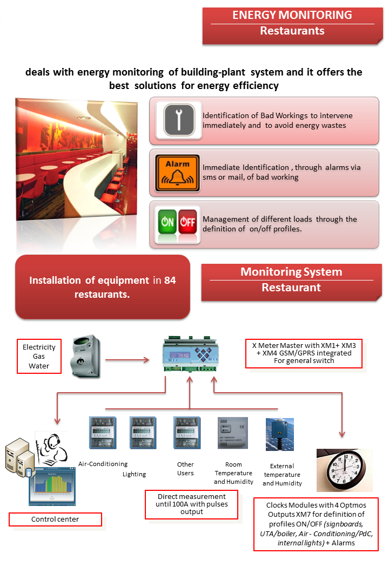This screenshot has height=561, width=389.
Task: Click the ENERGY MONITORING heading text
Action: coord(292,15)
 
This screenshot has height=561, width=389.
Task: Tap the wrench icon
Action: coord(178,120)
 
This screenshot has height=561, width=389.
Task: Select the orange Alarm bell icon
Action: coord(178,173)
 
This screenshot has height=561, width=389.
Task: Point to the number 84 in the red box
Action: coord(170,280)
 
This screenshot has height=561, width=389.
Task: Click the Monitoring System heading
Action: coord(291,272)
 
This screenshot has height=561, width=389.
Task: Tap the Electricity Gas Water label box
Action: coord(39,357)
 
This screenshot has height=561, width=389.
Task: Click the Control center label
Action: coord(55,519)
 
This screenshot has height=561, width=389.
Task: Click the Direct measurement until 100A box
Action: coord(192,504)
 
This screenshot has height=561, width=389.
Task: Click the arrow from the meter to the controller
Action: coord(127,359)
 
